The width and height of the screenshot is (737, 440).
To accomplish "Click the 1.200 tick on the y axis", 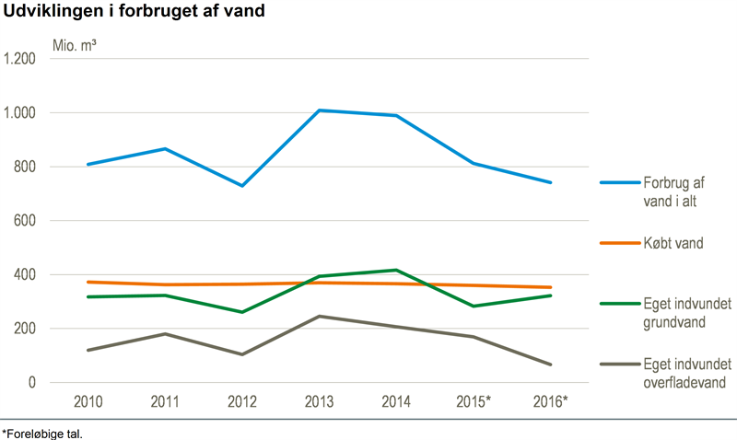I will (x=19, y=59).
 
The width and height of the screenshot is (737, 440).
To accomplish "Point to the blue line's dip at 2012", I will (x=242, y=186).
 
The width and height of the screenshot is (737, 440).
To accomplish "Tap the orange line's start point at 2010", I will (x=87, y=282).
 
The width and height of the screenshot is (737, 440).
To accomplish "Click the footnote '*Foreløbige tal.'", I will (x=42, y=431).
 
